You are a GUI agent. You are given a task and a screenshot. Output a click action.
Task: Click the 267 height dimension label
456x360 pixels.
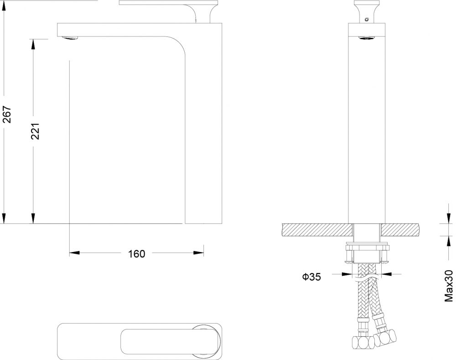coord(7,114)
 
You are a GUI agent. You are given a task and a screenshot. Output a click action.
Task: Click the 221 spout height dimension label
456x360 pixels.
coord(35,131)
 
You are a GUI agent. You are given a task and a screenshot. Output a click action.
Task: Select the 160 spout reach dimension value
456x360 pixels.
coord(137,254)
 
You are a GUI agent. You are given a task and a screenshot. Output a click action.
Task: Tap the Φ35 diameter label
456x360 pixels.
coord(311,277)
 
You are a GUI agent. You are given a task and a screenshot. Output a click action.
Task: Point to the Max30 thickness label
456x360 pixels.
coord(448,286)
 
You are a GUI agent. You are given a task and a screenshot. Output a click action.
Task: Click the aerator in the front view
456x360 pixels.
coord(367,38)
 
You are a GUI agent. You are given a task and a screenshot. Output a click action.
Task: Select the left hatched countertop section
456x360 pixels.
coord(317,230)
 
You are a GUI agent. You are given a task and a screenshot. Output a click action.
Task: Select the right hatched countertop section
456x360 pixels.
coord(400,230)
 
